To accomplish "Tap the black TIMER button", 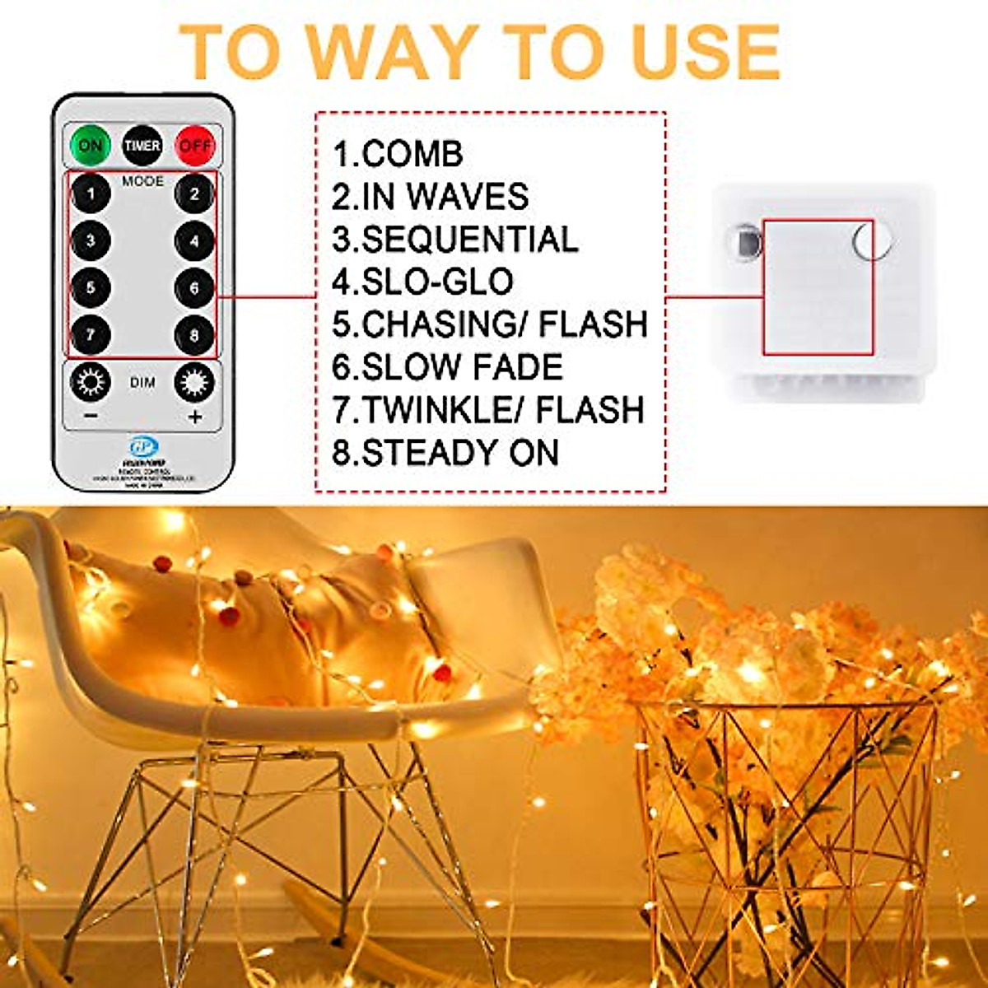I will click(142, 146).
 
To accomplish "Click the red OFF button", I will click(195, 146).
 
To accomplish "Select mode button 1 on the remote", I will click(91, 194).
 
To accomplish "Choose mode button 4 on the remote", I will click(194, 241).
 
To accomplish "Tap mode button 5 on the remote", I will click(91, 288).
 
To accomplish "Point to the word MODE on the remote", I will click(142, 180).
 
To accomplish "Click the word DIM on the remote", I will click(142, 383).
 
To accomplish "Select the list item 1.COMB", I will click(398, 154).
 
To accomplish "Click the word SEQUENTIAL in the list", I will click(469, 240).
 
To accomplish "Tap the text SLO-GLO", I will click(436, 282).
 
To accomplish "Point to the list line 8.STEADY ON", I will click(445, 453).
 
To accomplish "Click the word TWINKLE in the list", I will click(436, 410).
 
